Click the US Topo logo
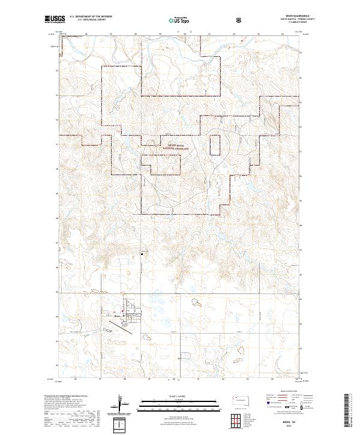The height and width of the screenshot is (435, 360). tap(178, 20)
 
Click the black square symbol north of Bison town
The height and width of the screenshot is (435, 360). tap(142, 252)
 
